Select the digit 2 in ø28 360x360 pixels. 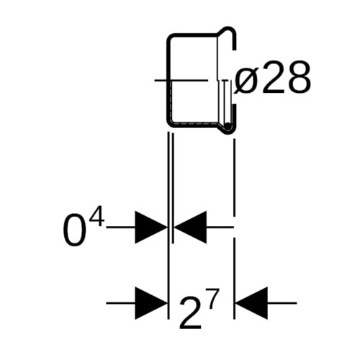(273, 78)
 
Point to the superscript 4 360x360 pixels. (97, 217)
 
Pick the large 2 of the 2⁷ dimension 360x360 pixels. (190, 314)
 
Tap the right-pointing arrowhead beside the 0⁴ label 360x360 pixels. (151, 227)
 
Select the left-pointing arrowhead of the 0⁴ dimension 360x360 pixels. (190, 227)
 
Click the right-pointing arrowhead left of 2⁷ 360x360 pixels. (151, 303)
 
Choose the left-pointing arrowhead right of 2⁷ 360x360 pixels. (251, 303)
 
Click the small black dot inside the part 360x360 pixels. (228, 125)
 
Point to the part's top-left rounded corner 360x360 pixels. (170, 37)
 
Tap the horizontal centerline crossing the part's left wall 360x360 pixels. (181, 80)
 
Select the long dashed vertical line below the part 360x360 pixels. (234, 229)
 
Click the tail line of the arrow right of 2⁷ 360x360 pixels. (282, 303)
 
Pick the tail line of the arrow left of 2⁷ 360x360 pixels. (121, 303)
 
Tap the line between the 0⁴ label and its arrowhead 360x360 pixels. (121, 227)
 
